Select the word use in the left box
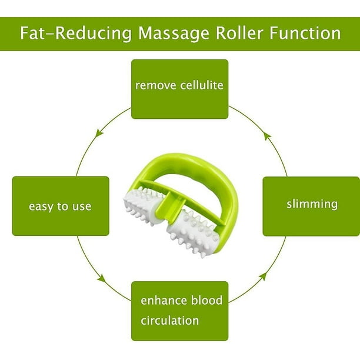pos(82,207)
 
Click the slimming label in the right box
pos(312,205)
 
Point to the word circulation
pos(169,321)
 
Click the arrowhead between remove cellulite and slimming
pos(267,135)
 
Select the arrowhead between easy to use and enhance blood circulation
pos(102,277)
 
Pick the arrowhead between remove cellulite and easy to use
pos(99,133)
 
